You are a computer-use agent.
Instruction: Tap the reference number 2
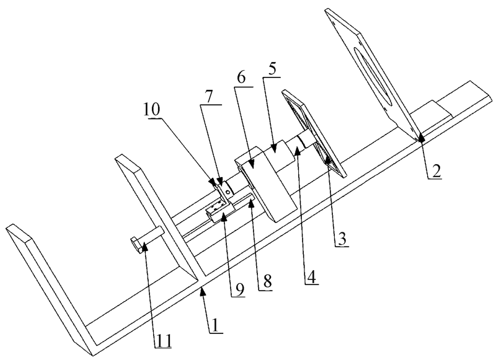point(436,173)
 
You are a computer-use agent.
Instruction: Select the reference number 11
point(162,339)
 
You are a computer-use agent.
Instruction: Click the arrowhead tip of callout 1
point(202,289)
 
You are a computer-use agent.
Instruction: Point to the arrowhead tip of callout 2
point(420,138)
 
